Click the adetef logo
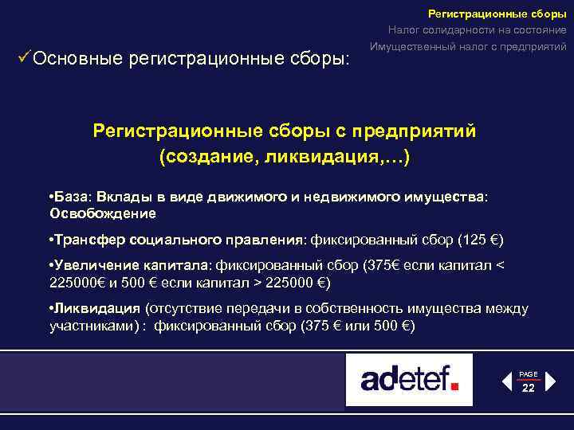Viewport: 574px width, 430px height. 409,380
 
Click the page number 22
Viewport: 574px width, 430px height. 529,389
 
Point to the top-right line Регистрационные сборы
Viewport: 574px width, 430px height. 497,13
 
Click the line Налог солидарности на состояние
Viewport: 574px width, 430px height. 478,29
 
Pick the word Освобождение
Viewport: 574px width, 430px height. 103,213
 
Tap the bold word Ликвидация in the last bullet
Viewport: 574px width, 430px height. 95,310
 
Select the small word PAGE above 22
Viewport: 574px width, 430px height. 529,374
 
